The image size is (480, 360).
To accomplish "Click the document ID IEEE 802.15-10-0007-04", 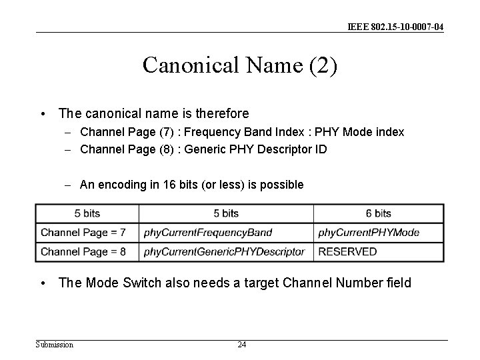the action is (395, 27).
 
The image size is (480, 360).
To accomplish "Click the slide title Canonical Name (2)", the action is (240, 65).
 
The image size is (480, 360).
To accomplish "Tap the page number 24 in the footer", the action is (241, 345).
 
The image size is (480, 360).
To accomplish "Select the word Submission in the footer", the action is (55, 345).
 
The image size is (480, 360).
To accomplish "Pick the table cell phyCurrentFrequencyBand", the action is (208, 233).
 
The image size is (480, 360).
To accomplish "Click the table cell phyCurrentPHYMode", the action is (369, 233).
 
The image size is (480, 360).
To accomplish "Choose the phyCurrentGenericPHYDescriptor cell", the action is (224, 251).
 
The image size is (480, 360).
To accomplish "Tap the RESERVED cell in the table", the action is (347, 251).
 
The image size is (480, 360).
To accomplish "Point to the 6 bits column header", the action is (378, 213).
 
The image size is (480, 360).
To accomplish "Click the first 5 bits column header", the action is (87, 213).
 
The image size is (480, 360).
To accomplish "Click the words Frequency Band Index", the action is (239, 132).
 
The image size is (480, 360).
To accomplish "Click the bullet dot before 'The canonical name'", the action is (43, 114).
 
